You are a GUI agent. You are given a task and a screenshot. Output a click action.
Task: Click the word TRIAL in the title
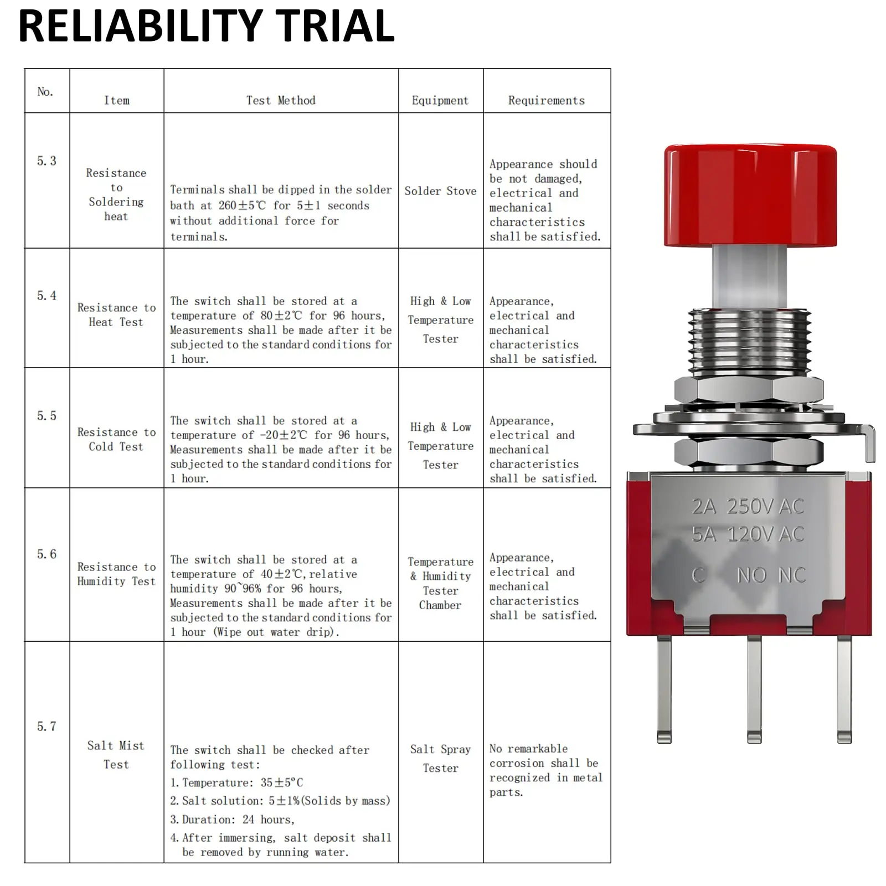point(334,27)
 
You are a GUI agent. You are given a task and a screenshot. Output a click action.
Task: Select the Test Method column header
point(281,100)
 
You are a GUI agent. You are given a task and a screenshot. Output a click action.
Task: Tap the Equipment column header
point(440,100)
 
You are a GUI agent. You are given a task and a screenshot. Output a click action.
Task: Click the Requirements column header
point(546,100)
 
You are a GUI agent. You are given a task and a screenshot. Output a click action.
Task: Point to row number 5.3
point(47,161)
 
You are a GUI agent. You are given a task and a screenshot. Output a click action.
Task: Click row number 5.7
point(47,727)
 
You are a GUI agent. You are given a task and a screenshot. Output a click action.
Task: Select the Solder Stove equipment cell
point(440,191)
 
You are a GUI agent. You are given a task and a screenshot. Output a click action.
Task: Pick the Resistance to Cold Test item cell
point(116,439)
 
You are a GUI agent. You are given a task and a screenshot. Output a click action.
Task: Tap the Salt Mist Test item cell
point(116,755)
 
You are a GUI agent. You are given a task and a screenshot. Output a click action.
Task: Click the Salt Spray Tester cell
point(440,759)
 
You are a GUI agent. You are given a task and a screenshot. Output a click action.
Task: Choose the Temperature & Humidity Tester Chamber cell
point(440,583)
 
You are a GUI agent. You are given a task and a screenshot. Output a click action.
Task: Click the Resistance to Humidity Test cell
point(116,574)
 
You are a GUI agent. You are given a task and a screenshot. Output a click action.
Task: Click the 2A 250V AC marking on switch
point(747,506)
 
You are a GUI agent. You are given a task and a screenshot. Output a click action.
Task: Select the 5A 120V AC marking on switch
point(747,534)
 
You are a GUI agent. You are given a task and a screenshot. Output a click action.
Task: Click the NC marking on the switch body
point(791,575)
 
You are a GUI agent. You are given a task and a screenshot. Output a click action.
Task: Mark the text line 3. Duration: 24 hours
point(233,820)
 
